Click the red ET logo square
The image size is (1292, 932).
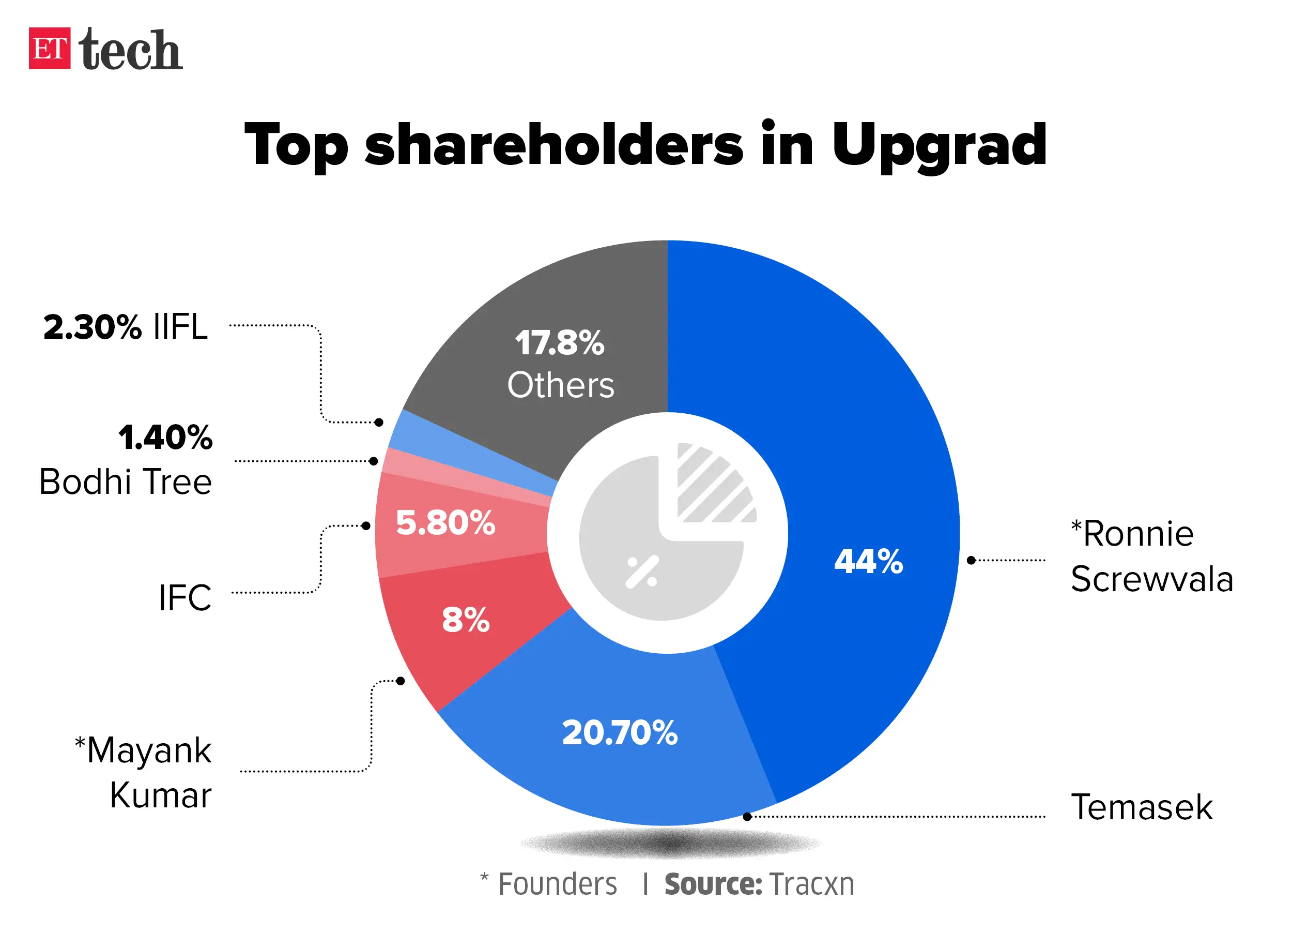point(50,49)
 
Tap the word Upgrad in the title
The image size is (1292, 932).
point(939,146)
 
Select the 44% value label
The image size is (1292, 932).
point(868,562)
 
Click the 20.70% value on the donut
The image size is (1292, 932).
point(620,733)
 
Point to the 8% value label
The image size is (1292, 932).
point(466,620)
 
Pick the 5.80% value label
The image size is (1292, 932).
point(445,523)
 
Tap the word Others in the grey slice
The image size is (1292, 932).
point(561,385)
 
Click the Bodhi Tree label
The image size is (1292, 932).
point(126,482)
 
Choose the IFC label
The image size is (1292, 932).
point(184,598)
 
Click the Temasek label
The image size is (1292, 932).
point(1142,808)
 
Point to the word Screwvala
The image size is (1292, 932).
point(1151,580)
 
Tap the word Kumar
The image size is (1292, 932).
point(161,796)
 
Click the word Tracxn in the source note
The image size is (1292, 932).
point(811,885)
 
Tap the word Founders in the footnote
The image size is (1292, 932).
point(557,885)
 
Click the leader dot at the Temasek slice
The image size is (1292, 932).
point(747,817)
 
